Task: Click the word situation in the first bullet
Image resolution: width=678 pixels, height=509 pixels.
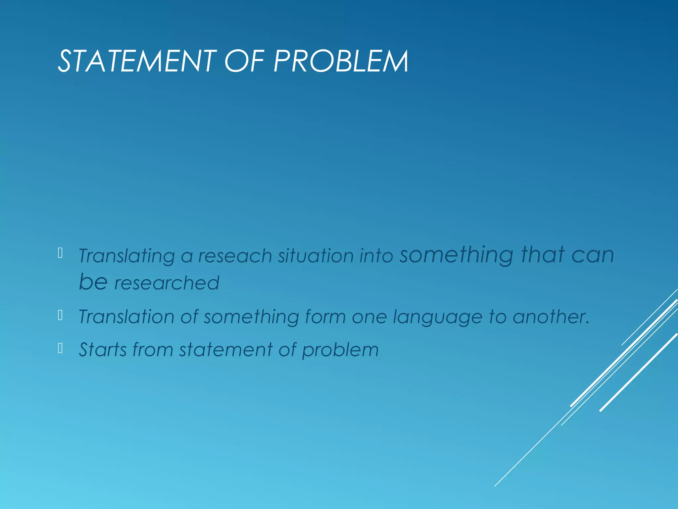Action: pyautogui.click(x=316, y=256)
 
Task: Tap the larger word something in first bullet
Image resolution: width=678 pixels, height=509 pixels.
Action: pyautogui.click(x=457, y=255)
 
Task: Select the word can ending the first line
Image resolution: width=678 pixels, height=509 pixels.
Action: pyautogui.click(x=593, y=255)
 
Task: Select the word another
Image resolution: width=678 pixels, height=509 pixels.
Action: pyautogui.click(x=551, y=316)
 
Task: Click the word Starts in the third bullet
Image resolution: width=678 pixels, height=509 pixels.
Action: pyautogui.click(x=103, y=350)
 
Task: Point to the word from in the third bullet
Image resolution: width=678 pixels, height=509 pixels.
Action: pyautogui.click(x=153, y=350)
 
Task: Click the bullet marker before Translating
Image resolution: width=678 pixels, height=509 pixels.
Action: pyautogui.click(x=60, y=253)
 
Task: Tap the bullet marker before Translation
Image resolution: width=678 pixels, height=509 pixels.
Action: pyautogui.click(x=60, y=315)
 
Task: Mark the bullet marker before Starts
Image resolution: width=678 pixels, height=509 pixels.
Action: pyautogui.click(x=60, y=348)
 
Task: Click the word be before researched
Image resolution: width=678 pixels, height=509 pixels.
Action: pyautogui.click(x=93, y=282)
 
